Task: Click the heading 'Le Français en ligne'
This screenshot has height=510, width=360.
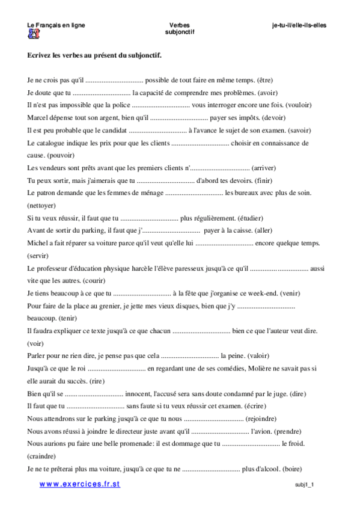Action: pos(56,25)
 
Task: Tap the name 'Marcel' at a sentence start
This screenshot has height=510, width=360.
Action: pos(38,118)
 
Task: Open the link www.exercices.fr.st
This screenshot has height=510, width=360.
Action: pos(80,485)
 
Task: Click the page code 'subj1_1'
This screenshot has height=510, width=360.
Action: pos(305,485)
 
